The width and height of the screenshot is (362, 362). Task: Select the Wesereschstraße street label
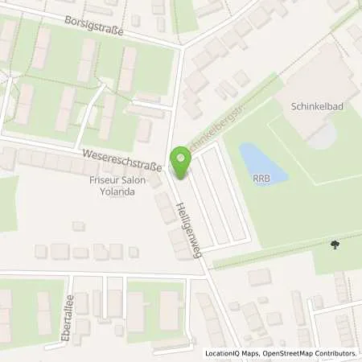[x=119, y=158]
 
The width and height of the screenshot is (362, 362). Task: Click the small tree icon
[x=334, y=245]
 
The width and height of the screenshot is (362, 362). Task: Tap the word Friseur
[x=103, y=182]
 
